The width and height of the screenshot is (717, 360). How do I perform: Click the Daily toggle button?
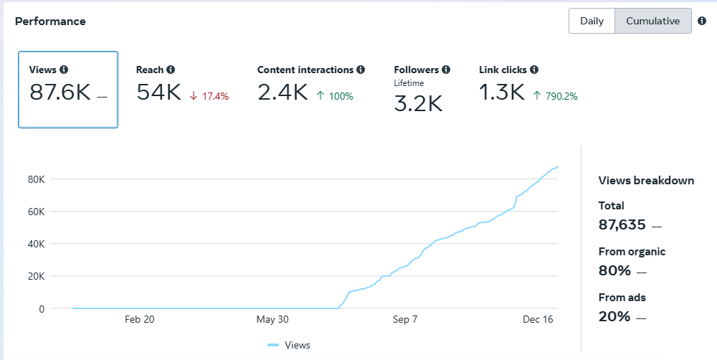(592, 21)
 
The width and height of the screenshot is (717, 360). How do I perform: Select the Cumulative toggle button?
(653, 21)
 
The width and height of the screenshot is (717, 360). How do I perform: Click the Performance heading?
(50, 22)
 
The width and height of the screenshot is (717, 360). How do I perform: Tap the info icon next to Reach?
(171, 70)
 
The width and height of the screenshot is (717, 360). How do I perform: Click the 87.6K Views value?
(60, 93)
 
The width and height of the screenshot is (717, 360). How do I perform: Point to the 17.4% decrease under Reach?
(209, 97)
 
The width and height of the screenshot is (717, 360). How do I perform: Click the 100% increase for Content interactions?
(335, 96)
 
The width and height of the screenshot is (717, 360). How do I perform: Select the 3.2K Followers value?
(419, 103)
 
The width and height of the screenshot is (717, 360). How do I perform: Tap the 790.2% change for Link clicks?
(555, 96)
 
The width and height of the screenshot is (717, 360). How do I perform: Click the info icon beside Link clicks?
(534, 70)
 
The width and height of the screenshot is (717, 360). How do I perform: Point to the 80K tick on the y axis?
(36, 179)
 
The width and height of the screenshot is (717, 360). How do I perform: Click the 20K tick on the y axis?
(36, 276)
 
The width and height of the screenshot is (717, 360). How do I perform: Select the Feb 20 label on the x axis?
(140, 319)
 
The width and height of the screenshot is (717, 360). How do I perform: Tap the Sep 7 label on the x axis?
(405, 319)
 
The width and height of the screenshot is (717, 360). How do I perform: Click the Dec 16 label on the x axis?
(538, 319)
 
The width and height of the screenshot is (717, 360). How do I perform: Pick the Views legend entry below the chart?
(289, 345)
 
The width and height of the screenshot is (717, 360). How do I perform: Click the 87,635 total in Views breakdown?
(622, 224)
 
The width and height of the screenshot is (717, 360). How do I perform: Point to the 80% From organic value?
(614, 270)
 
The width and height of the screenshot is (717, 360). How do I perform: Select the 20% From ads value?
(614, 316)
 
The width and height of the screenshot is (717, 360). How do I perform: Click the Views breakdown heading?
(646, 180)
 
